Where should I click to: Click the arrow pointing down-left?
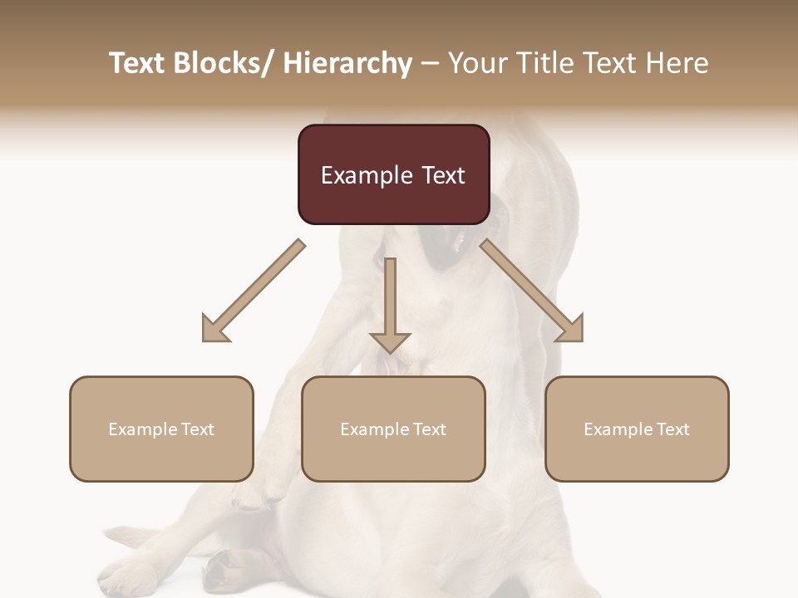point(254,291)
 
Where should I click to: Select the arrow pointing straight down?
point(390,303)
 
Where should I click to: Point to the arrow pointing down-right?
point(532,291)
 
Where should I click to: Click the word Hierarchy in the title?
point(347,64)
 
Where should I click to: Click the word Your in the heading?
point(475,64)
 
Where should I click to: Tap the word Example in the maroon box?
point(366,175)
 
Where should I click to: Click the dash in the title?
point(430,64)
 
